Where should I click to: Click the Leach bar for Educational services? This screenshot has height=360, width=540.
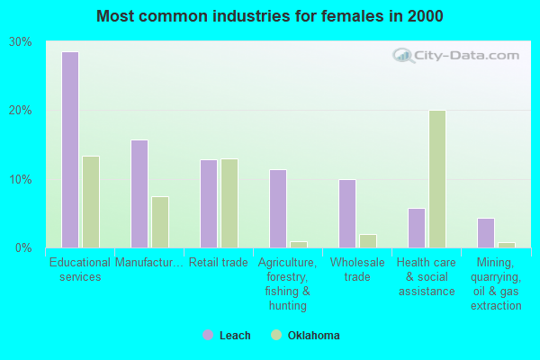pyautogui.click(x=70, y=149)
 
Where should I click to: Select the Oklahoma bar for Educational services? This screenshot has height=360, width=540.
pyautogui.click(x=91, y=202)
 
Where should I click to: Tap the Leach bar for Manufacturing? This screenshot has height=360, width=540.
pyautogui.click(x=139, y=193)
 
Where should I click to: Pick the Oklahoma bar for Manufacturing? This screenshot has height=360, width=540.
pyautogui.click(x=160, y=222)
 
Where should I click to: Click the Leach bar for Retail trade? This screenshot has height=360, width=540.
pyautogui.click(x=209, y=203)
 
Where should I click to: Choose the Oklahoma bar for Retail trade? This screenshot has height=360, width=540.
pyautogui.click(x=229, y=203)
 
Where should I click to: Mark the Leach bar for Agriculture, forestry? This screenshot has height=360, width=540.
pyautogui.click(x=278, y=209)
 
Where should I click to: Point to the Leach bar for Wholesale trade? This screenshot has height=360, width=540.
pyautogui.click(x=347, y=213)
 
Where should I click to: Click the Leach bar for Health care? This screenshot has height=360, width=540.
pyautogui.click(x=417, y=228)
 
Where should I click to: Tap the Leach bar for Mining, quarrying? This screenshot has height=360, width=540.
pyautogui.click(x=486, y=232)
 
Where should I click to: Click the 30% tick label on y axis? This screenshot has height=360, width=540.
pyautogui.click(x=21, y=42)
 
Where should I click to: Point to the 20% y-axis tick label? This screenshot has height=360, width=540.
pyautogui.click(x=21, y=111)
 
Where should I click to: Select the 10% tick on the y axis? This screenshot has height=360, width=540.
pyautogui.click(x=21, y=179)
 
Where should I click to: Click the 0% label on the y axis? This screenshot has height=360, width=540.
pyautogui.click(x=24, y=247)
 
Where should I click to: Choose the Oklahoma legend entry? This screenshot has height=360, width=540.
pyautogui.click(x=306, y=336)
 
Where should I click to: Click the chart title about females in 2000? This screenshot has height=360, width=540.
pyautogui.click(x=270, y=16)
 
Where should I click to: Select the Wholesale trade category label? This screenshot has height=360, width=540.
pyautogui.click(x=357, y=269)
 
